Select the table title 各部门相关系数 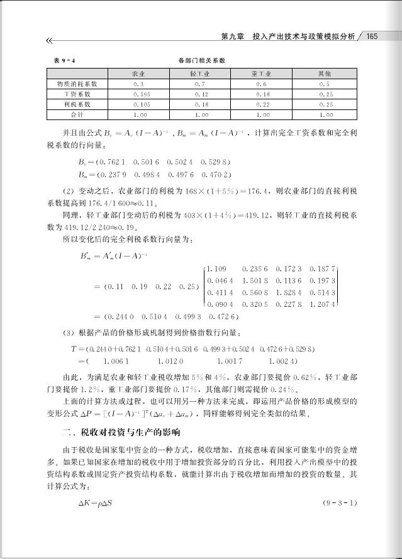tap(201, 60)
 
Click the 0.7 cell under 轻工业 tap(201, 84)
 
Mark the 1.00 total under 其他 tap(326, 116)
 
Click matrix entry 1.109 tap(215, 268)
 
